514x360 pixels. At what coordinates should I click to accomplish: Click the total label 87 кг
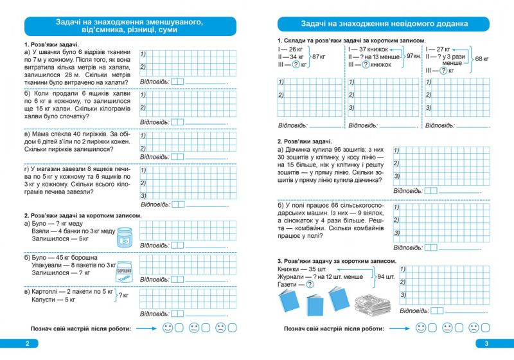(x=319, y=57)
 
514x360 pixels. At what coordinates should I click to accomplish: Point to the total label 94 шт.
(x=387, y=276)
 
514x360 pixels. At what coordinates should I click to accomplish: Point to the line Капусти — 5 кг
(x=53, y=300)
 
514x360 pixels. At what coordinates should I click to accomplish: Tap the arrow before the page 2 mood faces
(x=146, y=328)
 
